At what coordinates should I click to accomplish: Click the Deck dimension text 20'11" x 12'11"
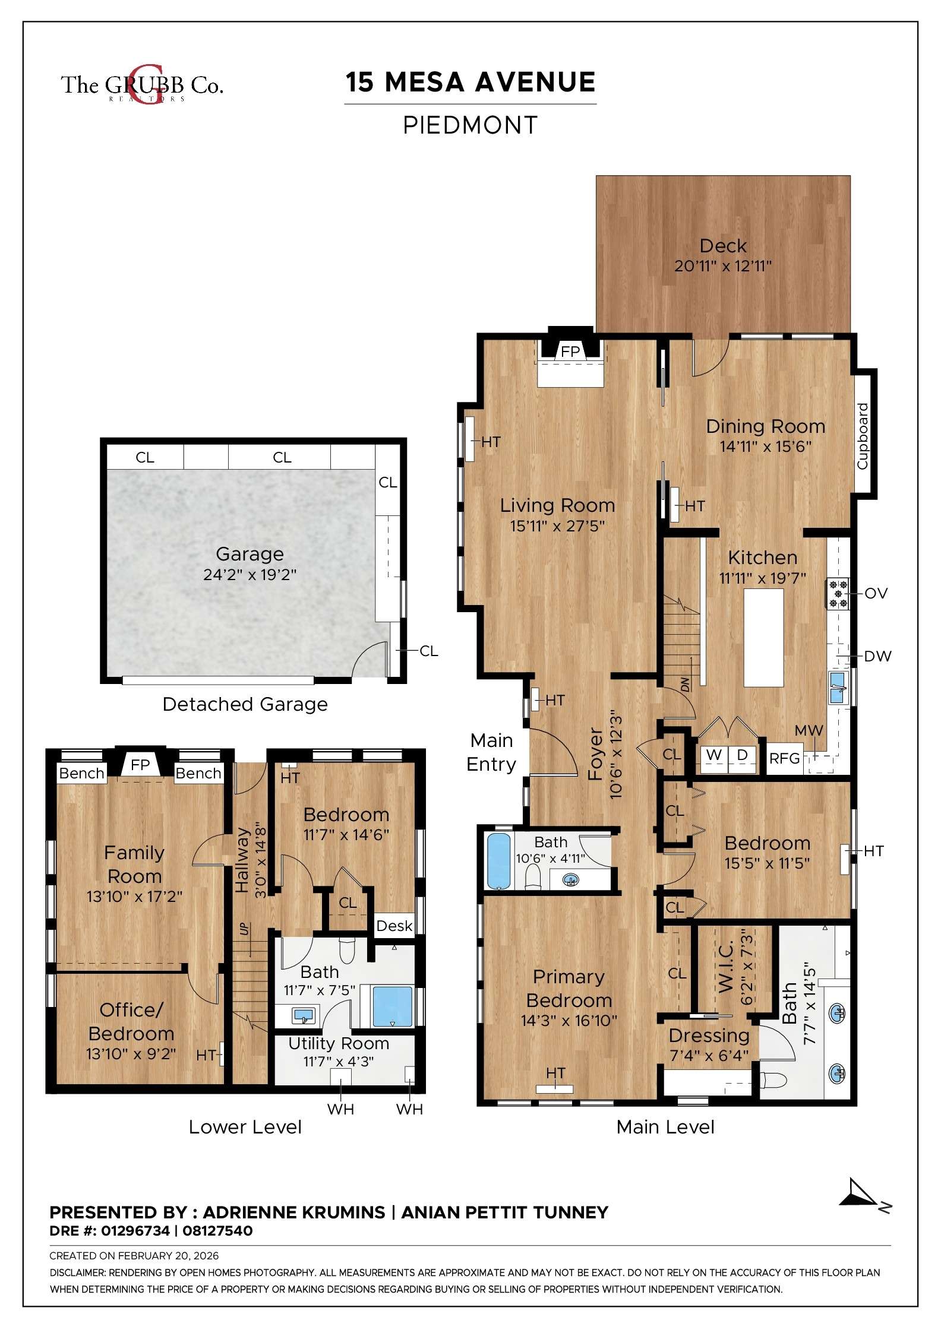pos(722,266)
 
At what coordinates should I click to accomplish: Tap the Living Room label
pos(557,505)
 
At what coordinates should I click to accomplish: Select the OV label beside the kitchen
pos(876,593)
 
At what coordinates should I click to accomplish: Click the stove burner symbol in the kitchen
pos(838,594)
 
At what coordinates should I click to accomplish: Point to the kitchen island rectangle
pos(763,637)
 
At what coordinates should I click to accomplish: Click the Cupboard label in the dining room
pos(863,436)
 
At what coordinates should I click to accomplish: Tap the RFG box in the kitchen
pos(784,758)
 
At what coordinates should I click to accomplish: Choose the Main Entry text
pos(491,752)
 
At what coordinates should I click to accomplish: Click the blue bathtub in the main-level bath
pos(498,861)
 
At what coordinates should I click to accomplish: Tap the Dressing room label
pos(709,1035)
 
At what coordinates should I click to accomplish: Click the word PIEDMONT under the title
pos(470,125)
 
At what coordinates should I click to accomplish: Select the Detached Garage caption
pos(245,704)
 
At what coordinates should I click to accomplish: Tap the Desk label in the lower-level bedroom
pos(394,926)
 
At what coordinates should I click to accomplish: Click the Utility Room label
pos(338,1043)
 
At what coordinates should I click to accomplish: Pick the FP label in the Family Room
pos(140,765)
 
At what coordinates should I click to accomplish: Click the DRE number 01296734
pos(135,1231)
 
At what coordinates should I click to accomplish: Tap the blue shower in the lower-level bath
pos(392,1006)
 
